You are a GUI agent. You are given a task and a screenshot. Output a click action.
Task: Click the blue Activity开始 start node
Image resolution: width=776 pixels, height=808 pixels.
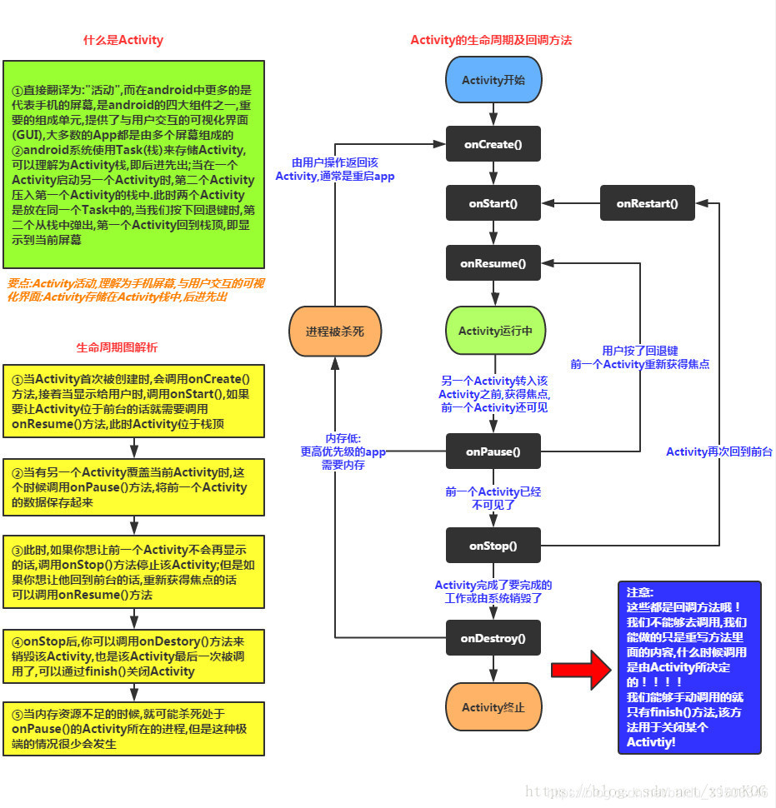point(493,81)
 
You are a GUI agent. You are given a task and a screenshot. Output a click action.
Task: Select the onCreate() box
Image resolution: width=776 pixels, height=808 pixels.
point(493,145)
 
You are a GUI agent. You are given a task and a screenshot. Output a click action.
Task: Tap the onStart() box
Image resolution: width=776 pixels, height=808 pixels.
point(493,203)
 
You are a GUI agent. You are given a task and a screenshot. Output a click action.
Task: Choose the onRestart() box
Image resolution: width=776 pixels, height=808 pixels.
point(648,203)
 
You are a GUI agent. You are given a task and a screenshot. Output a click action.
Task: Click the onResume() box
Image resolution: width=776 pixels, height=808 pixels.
point(493,264)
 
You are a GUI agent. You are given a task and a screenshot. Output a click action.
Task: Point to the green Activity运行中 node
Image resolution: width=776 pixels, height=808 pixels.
point(493,331)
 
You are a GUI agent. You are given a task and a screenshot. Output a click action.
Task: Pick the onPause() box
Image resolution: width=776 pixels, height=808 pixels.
point(493,451)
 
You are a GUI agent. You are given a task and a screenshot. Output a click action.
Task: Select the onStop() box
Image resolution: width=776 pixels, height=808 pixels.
point(493,546)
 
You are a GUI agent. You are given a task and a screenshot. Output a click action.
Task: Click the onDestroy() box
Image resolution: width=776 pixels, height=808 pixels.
point(493,639)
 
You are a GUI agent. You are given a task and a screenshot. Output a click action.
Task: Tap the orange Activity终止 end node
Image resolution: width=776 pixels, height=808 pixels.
point(493,707)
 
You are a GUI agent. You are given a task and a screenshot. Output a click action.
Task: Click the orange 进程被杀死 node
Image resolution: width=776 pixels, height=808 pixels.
point(334,332)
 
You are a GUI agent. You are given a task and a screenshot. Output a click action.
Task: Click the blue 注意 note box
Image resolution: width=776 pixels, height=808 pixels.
point(689,667)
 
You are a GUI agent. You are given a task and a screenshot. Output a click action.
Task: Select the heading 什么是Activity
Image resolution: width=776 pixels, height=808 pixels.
point(123,40)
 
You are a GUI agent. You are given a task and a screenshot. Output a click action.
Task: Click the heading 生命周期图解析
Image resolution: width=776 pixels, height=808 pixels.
point(117,347)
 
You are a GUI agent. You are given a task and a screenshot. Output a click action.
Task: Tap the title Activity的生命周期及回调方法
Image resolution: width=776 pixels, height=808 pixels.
point(491,40)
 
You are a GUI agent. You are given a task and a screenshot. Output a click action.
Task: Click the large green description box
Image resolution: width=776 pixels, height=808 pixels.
point(134,165)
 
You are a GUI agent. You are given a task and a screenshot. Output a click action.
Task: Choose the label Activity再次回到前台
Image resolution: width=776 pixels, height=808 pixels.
point(719,451)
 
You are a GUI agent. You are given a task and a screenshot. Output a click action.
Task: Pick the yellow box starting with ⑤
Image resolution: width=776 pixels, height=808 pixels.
point(134,728)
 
